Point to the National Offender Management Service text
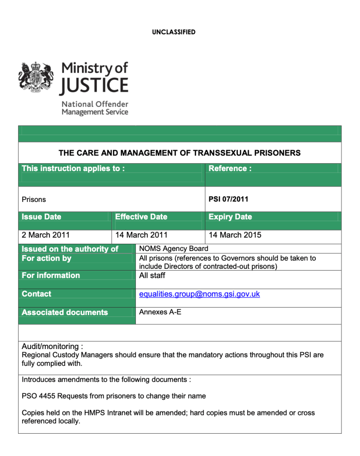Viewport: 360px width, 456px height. pyautogui.click(x=94, y=108)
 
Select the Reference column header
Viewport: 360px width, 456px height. pyautogui.click(x=230, y=168)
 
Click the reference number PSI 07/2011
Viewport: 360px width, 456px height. pyautogui.click(x=228, y=199)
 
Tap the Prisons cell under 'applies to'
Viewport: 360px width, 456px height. pyautogui.click(x=34, y=200)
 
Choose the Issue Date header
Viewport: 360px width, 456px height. pyautogui.click(x=41, y=217)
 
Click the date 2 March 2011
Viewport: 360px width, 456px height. pyautogui.click(x=46, y=235)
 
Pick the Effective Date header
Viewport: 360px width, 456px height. pyautogui.click(x=141, y=217)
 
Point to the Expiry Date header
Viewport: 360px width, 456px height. pyautogui.click(x=230, y=217)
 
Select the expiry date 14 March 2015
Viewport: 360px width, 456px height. pyautogui.click(x=235, y=235)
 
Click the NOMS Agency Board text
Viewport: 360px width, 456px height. pyautogui.click(x=174, y=249)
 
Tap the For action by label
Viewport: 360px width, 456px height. pyautogui.click(x=46, y=259)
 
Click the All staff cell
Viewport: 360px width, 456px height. pyautogui.click(x=152, y=276)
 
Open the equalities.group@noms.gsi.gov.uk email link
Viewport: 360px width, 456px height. pyautogui.click(x=200, y=294)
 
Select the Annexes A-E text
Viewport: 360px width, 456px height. pyautogui.click(x=160, y=312)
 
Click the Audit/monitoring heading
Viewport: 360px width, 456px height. pyautogui.click(x=52, y=346)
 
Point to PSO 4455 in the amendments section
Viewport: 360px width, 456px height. pyautogui.click(x=39, y=396)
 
